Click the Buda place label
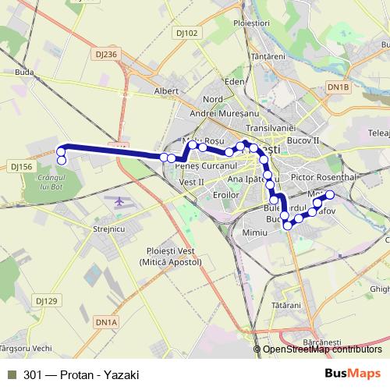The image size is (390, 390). click(x=24, y=72)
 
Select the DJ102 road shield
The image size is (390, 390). click(x=187, y=33)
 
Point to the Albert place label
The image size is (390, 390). click(x=167, y=91)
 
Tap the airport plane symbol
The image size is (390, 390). click(x=119, y=202)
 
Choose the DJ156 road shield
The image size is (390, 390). click(x=20, y=166)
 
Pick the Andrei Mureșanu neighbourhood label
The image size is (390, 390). click(x=220, y=113)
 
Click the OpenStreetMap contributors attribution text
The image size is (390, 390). click(x=322, y=349)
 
